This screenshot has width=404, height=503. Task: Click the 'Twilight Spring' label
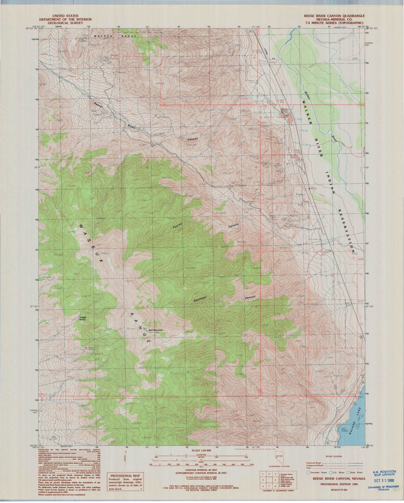(82, 318)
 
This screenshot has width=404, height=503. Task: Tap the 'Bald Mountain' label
(156, 330)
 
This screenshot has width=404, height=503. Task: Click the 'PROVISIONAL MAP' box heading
(125, 476)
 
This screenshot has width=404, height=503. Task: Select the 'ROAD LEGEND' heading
(334, 456)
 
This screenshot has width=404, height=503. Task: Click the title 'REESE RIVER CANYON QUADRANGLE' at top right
(334, 16)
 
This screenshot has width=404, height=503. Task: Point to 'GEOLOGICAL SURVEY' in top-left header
(65, 23)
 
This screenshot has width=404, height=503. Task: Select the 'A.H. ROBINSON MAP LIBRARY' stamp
(384, 473)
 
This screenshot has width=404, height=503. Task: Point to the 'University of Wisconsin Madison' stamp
(382, 488)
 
